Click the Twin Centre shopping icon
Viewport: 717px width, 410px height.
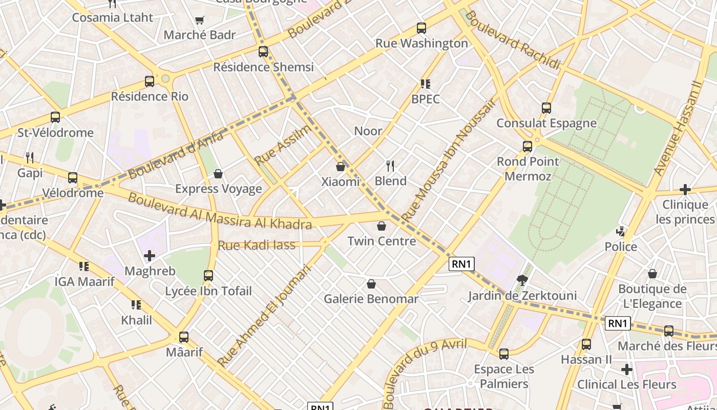click(381, 226)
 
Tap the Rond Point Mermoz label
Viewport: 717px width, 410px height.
click(528, 169)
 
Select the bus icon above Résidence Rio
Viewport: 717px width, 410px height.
click(150, 81)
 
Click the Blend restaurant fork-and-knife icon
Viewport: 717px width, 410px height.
click(390, 166)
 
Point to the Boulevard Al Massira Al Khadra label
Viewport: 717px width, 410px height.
click(219, 211)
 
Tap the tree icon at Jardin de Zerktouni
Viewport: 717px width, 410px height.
click(522, 280)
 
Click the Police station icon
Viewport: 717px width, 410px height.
click(621, 232)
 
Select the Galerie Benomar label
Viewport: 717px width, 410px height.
click(371, 299)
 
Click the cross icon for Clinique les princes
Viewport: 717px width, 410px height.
click(685, 190)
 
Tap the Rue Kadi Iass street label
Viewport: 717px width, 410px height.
click(257, 245)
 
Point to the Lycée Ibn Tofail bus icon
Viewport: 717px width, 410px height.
click(208, 276)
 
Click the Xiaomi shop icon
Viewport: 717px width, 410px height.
click(341, 167)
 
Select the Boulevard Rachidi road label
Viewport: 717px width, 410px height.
click(513, 39)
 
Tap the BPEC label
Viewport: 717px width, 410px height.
click(426, 99)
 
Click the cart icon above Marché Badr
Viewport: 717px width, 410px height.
click(200, 20)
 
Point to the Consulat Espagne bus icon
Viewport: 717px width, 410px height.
click(546, 108)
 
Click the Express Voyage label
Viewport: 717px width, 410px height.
click(219, 189)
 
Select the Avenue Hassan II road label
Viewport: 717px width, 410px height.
click(677, 128)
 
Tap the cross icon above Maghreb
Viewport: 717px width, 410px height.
click(150, 256)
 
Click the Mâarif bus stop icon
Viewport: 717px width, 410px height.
click(184, 337)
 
